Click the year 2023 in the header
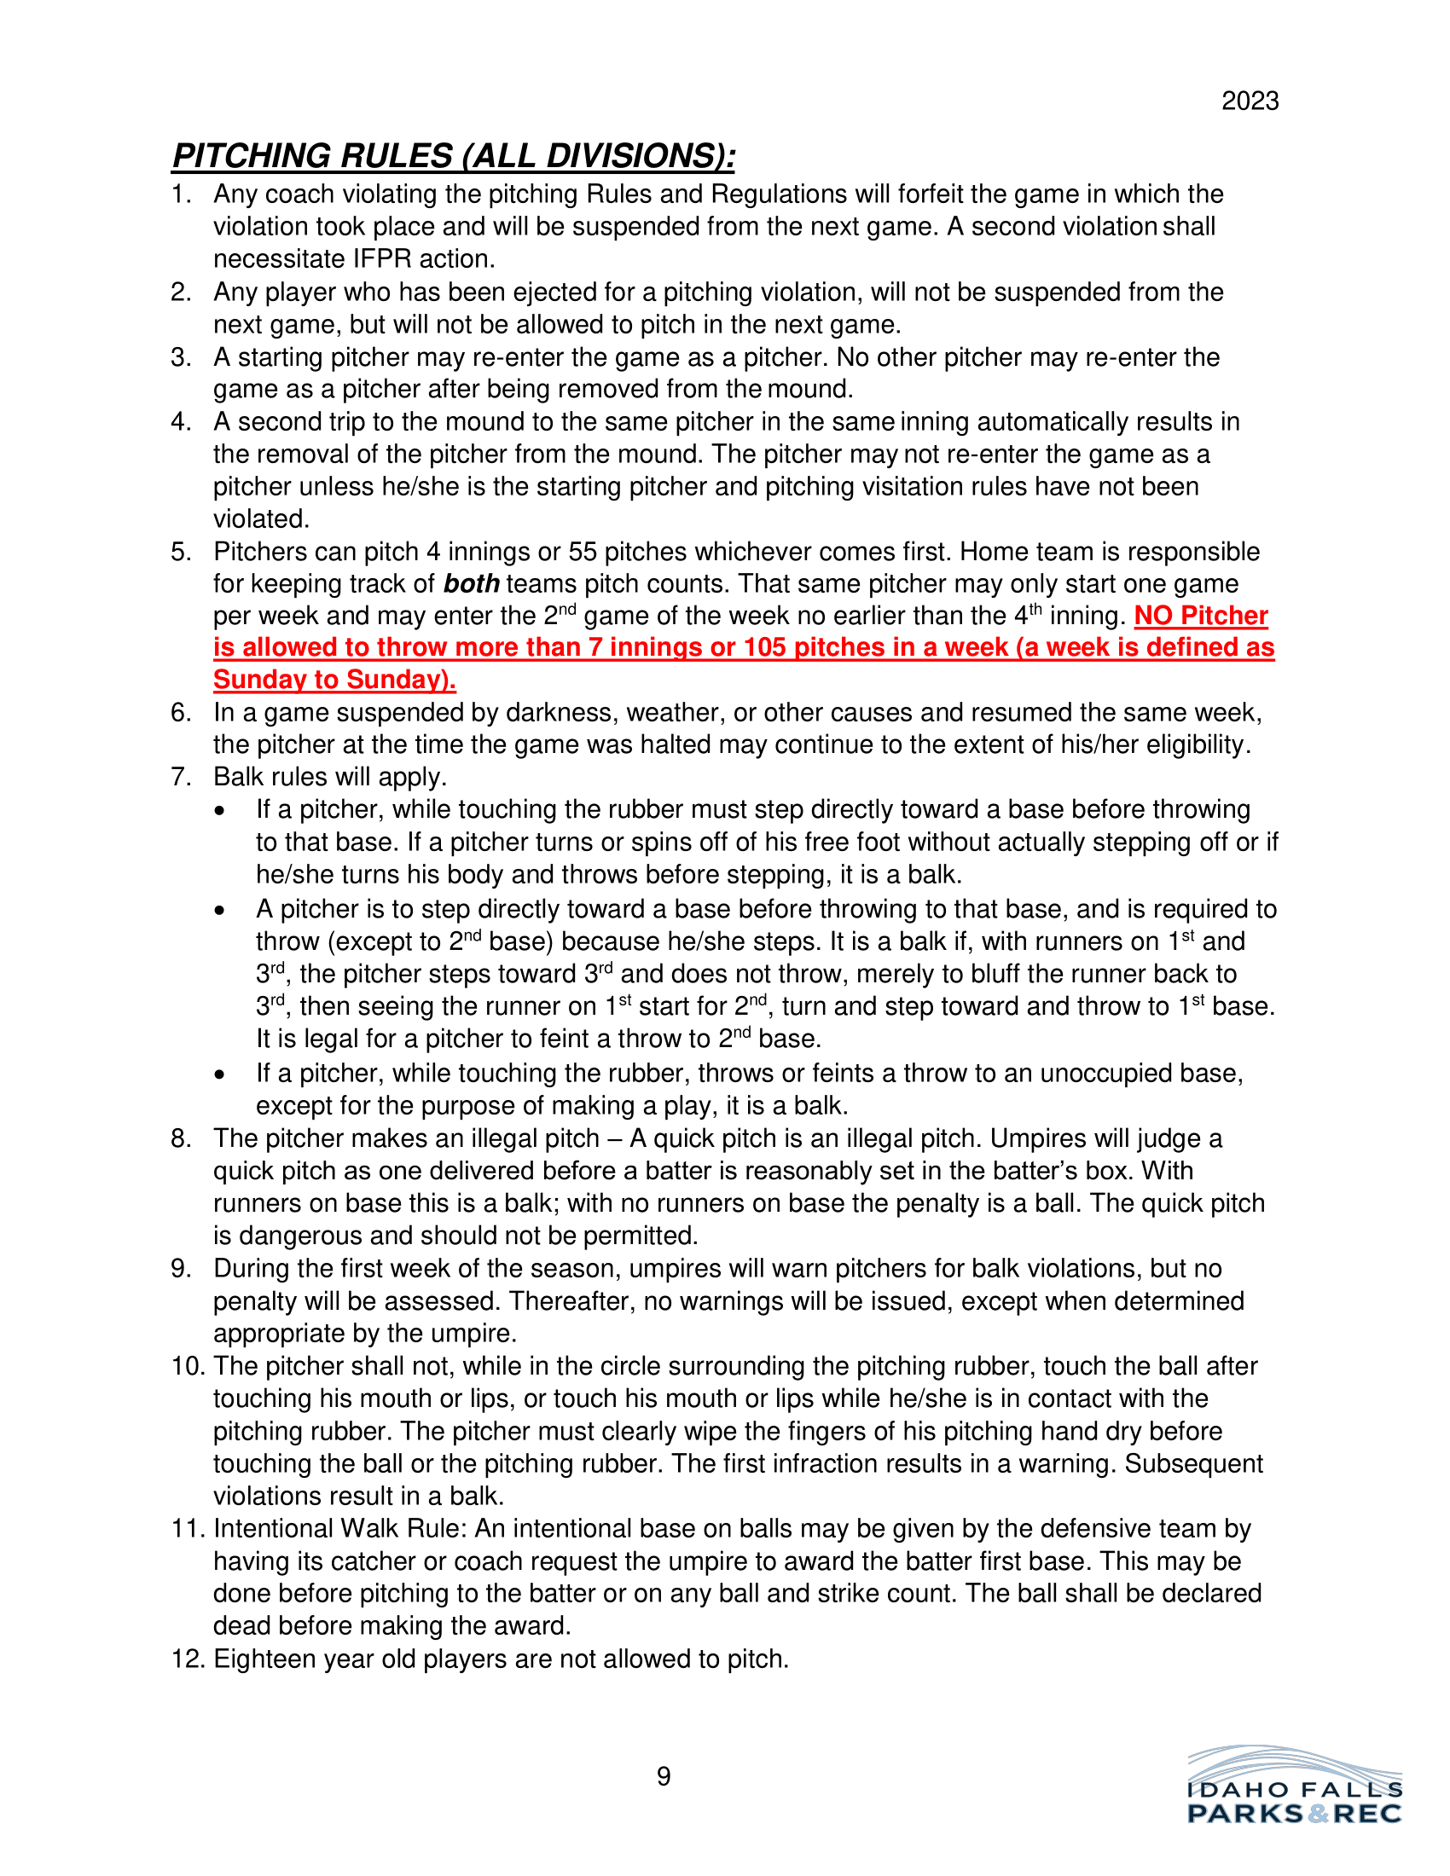tap(1250, 101)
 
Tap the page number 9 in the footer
tap(663, 1776)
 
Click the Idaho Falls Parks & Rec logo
tap(1295, 1786)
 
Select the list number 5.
tap(180, 552)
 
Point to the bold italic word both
tap(471, 584)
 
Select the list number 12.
tap(188, 1659)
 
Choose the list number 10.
tap(188, 1367)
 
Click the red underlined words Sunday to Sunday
tap(333, 680)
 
